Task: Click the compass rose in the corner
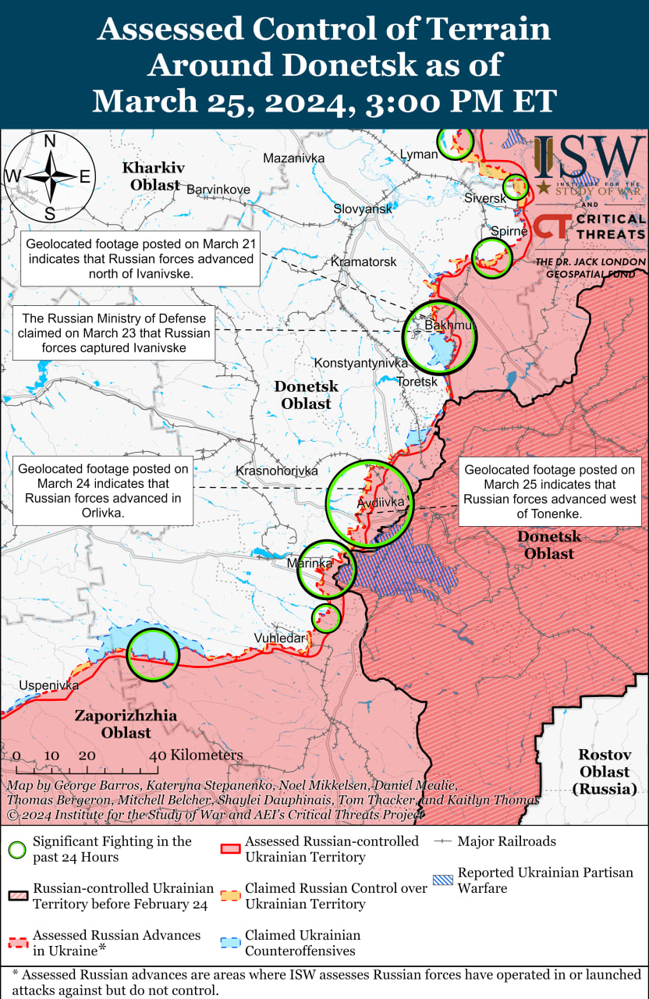pos(49,176)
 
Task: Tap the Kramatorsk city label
pos(364,262)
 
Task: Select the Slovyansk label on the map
pos(363,209)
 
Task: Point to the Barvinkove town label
pos(218,190)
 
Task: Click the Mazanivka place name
pos(293,158)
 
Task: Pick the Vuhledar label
pos(279,638)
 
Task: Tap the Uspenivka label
pos(49,685)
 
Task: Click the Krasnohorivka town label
pos(277,471)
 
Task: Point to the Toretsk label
pos(417,382)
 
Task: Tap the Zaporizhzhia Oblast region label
pos(126,724)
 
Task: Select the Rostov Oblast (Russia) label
pos(605,771)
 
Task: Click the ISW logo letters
pos(589,158)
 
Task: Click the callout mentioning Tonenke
pos(550,492)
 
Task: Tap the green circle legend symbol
pos(18,849)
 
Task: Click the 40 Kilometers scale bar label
pos(196,755)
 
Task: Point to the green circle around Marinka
pos(327,570)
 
